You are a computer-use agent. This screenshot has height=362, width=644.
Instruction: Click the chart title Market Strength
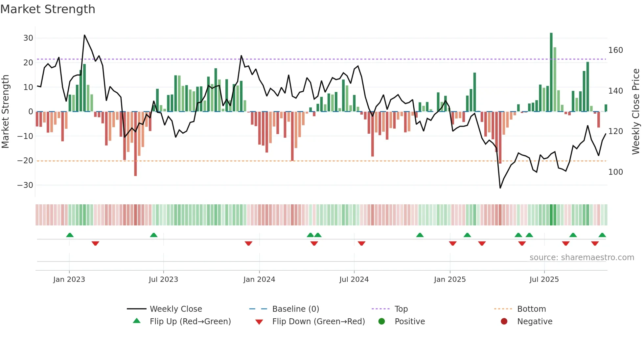48,9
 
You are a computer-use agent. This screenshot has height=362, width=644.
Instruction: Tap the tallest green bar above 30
551,72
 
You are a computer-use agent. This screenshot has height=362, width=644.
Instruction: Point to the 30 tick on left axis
28,38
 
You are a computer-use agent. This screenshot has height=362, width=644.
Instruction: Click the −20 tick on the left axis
25,161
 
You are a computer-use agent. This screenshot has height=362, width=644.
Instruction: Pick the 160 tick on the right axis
615,50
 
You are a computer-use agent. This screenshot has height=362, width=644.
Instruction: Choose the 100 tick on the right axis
615,172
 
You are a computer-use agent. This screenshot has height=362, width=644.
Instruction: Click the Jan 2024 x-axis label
259,280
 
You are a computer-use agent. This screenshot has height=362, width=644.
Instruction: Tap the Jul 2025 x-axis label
544,280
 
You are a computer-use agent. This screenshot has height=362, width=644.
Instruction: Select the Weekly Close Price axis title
636,112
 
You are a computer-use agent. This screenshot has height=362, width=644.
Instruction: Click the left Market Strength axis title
5,112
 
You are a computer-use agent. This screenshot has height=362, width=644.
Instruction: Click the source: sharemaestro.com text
582,258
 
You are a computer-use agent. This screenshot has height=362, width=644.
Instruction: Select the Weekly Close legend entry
175,309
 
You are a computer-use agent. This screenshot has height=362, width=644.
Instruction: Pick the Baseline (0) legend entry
295,309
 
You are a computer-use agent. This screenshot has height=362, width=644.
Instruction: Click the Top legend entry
401,309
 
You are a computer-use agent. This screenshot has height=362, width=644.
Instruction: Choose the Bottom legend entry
531,309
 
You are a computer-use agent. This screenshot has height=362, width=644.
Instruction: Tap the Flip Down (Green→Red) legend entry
318,322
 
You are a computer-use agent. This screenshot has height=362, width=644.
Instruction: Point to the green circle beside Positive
381,321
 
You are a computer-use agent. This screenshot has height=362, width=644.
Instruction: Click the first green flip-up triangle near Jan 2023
70,235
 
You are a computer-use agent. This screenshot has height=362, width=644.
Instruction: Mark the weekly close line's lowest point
500,188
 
